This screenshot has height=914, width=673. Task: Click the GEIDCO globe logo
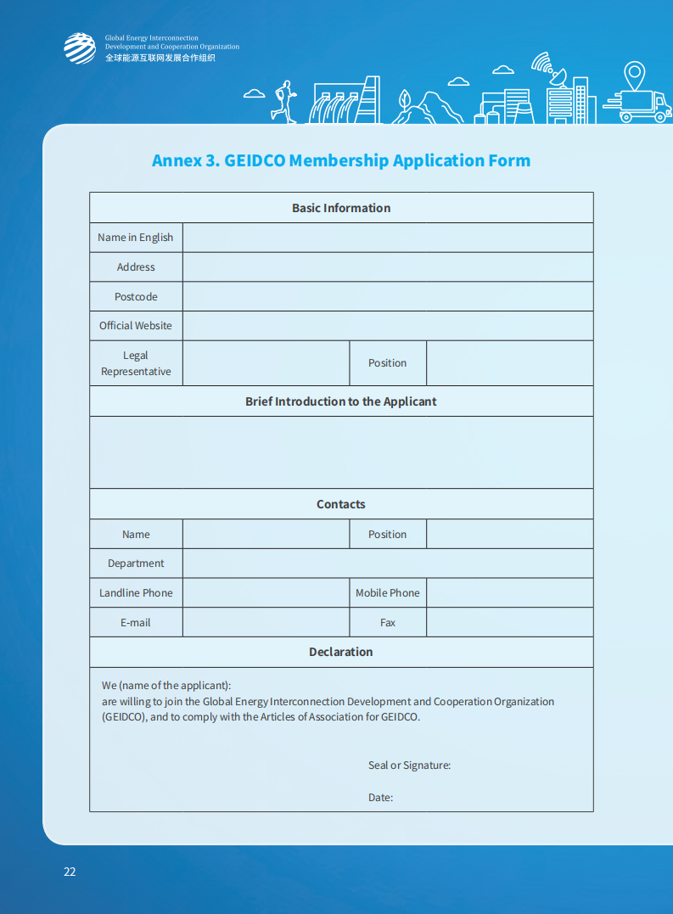point(80,48)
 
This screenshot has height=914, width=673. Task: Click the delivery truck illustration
point(646,106)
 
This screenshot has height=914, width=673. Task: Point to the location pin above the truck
point(634,75)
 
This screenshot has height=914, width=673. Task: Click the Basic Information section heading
point(341,208)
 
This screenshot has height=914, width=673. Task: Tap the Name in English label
point(136,238)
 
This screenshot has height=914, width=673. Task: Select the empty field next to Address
point(388,267)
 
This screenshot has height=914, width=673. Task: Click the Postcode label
point(136,297)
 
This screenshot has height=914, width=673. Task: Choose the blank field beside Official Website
point(388,326)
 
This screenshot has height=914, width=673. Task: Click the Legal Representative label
point(136,363)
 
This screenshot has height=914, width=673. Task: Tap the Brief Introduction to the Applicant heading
point(341,401)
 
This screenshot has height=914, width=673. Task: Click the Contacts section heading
point(341,504)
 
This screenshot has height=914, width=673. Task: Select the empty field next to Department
point(388,564)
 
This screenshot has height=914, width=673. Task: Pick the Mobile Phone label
point(388,593)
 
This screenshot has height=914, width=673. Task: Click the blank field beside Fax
point(509,623)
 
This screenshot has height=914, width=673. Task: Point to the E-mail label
point(136,623)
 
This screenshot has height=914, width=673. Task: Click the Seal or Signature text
point(409,765)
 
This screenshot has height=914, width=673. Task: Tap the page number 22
point(70,872)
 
